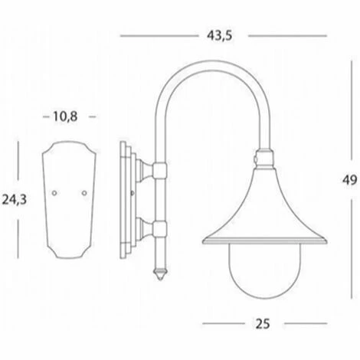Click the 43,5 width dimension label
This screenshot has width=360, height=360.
(220, 36)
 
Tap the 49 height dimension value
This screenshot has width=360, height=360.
(349, 180)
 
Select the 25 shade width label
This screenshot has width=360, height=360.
(263, 324)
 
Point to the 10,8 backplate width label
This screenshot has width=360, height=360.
(65, 116)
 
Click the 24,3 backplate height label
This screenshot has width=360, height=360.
(15, 200)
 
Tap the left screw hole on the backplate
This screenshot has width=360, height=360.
(54, 193)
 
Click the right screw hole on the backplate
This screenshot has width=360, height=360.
(84, 193)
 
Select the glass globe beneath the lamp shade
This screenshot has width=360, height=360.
(264, 270)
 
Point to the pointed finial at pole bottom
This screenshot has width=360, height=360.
(160, 274)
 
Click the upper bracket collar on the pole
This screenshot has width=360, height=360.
(160, 171)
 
